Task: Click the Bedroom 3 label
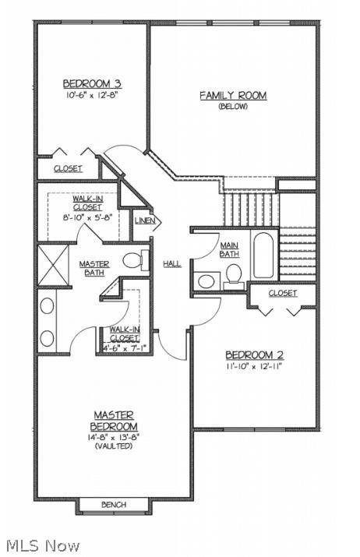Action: (x=91, y=83)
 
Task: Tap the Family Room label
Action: (x=233, y=95)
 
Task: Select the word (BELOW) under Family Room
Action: (x=233, y=107)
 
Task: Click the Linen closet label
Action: (x=145, y=221)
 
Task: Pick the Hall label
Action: (x=172, y=263)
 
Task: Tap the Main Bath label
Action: (x=229, y=249)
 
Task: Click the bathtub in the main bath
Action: (x=263, y=255)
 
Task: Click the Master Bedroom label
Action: (x=114, y=421)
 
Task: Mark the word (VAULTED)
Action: (x=114, y=446)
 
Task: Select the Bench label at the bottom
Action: (x=114, y=505)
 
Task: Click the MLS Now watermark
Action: (x=41, y=545)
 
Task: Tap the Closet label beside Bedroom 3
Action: (x=68, y=168)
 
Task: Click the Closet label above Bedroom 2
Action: (x=282, y=294)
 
